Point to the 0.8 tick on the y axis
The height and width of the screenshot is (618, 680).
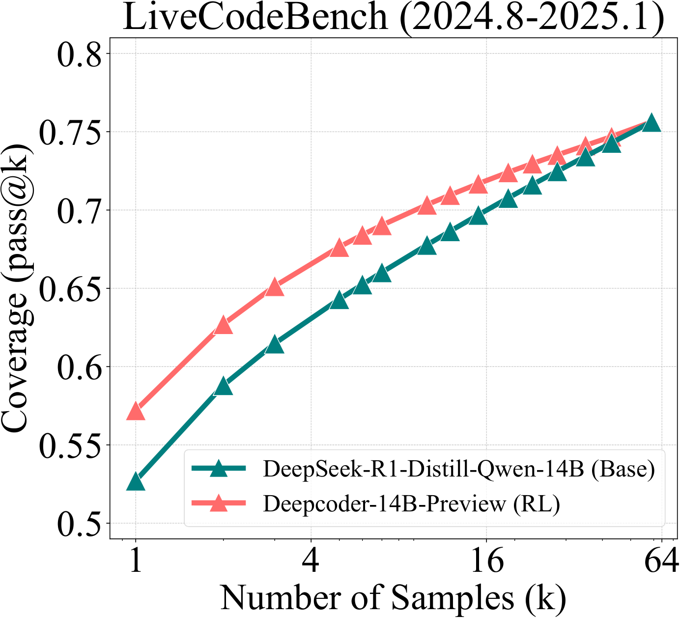point(78,54)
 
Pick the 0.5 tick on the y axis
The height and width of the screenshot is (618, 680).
point(78,523)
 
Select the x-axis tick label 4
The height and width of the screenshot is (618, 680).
point(311,561)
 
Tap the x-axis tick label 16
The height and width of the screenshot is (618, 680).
point(486,561)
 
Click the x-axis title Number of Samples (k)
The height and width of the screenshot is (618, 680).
point(393,597)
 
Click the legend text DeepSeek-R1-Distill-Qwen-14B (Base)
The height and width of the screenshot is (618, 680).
point(459,469)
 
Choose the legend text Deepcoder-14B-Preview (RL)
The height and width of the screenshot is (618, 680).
point(411,504)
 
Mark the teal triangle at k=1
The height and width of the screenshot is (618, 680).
point(136,482)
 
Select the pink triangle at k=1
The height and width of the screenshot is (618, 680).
point(136,412)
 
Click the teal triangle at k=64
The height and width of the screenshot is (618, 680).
point(652,123)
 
